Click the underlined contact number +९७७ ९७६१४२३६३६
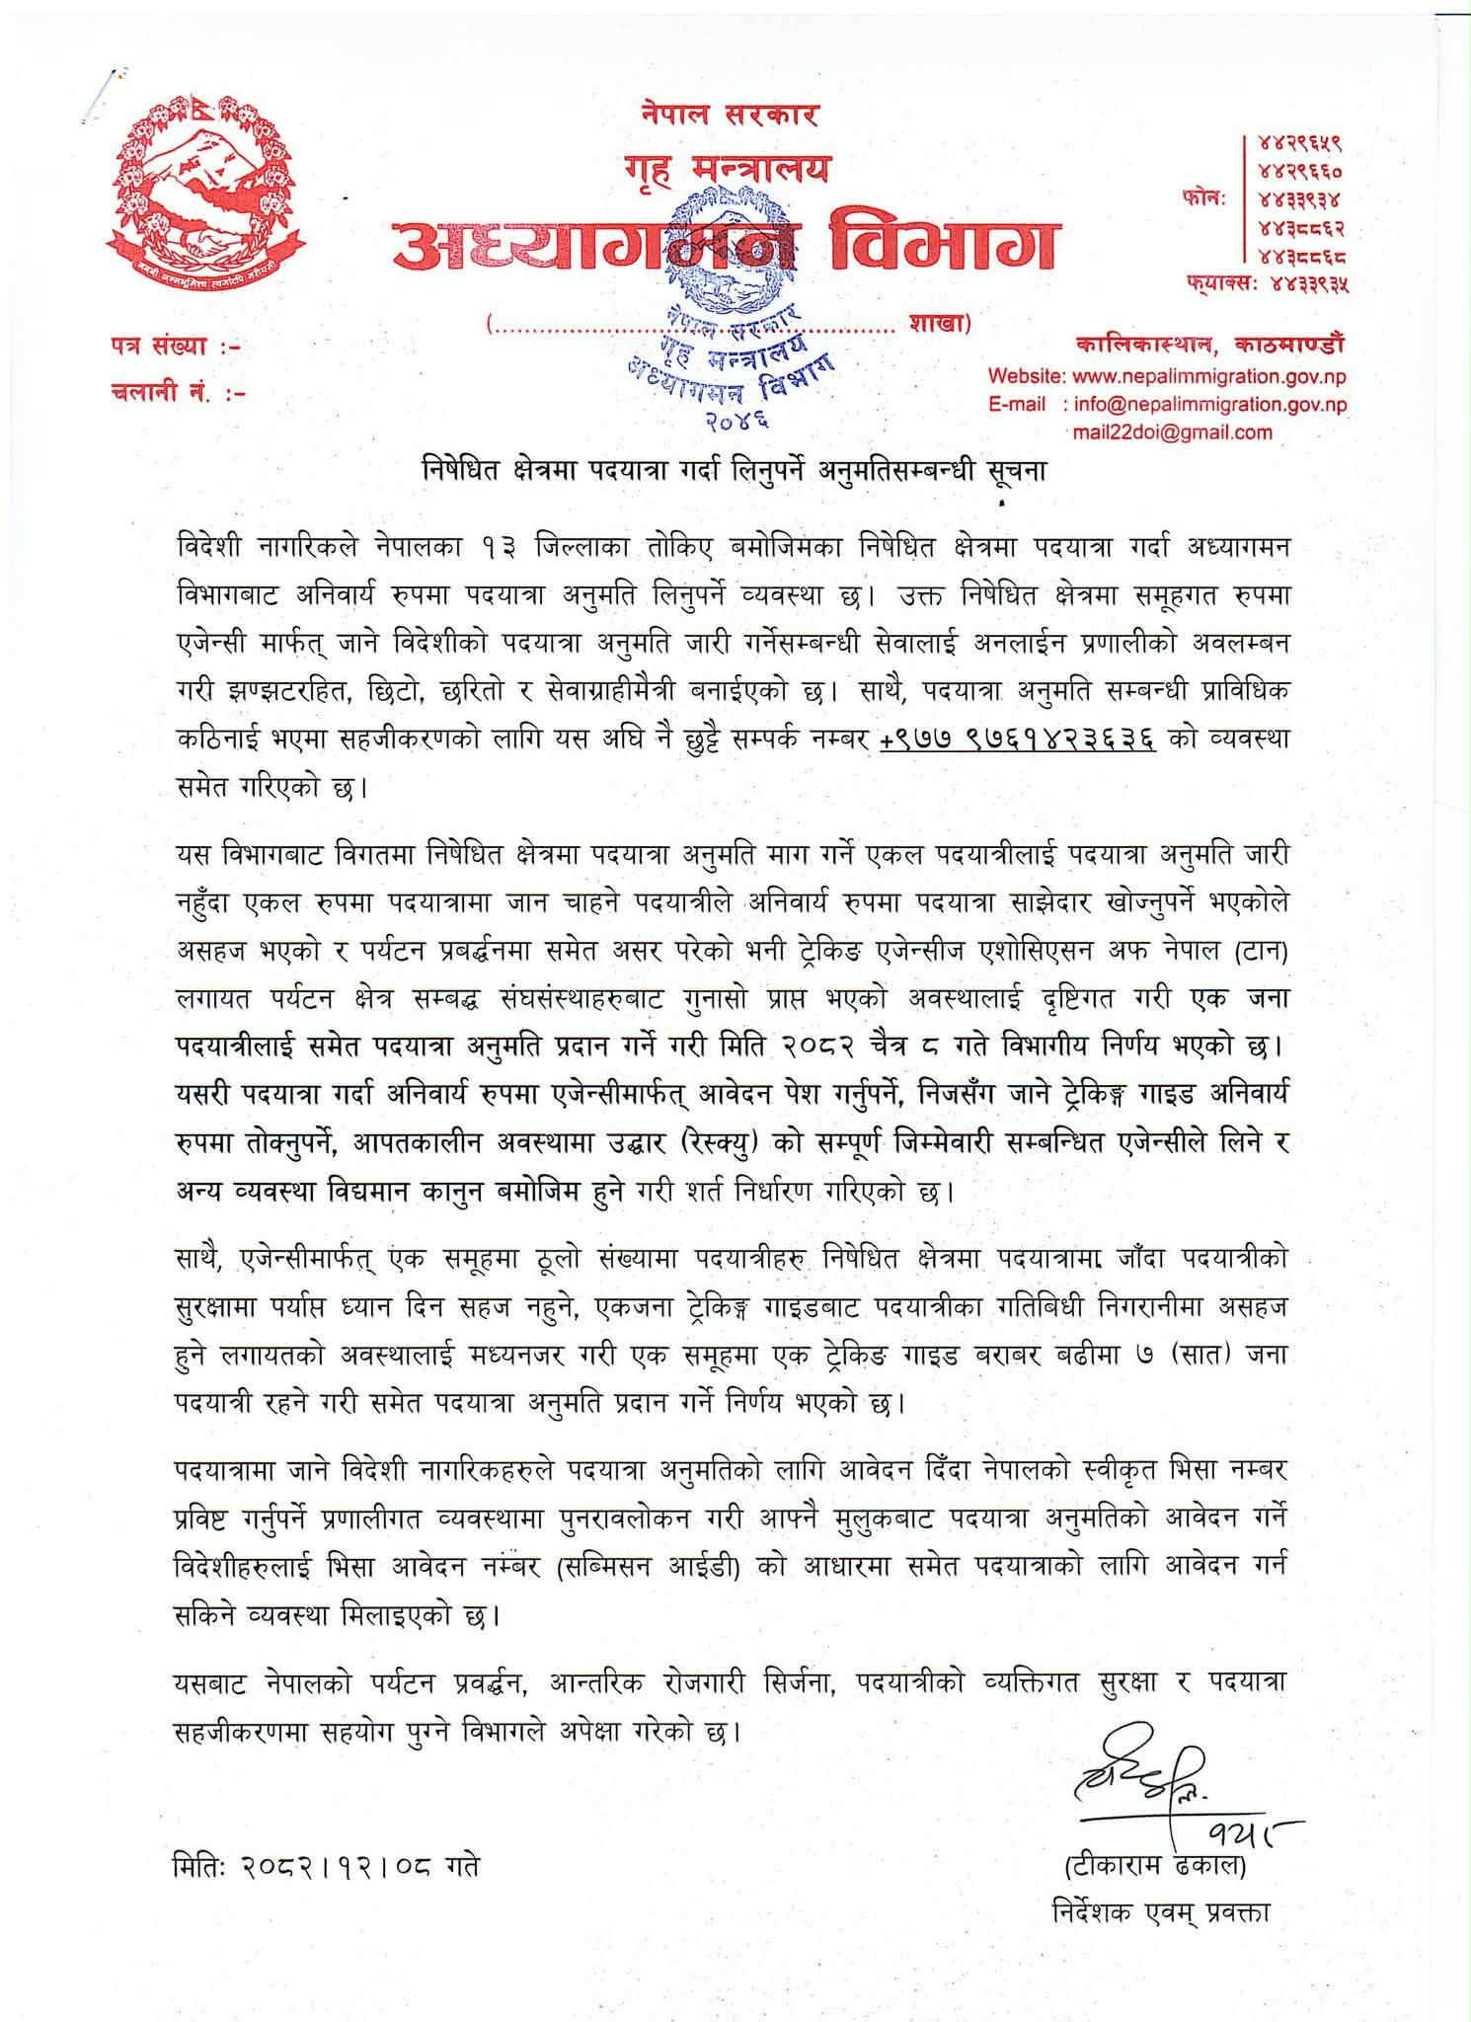pyautogui.click(x=1018, y=740)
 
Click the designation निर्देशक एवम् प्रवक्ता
pyautogui.click(x=1161, y=1911)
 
